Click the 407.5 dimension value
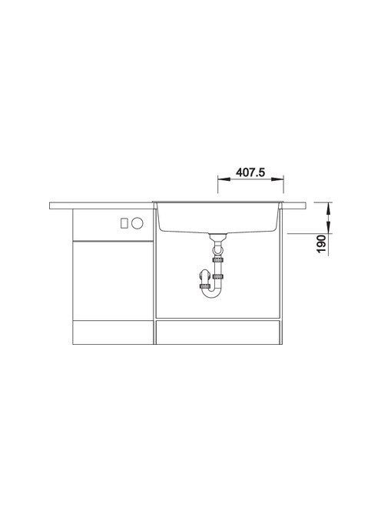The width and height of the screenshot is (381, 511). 250,172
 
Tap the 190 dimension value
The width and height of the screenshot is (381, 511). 321,243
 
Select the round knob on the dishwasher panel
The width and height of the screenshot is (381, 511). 137,223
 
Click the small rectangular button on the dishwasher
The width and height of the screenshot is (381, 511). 124,223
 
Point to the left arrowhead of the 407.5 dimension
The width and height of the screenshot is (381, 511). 224,179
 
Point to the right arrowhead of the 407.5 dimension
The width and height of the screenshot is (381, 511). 277,179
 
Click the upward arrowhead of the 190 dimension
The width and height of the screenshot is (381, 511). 328,208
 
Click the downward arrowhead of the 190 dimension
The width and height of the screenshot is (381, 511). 328,228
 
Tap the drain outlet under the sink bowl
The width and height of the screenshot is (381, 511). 217,237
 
